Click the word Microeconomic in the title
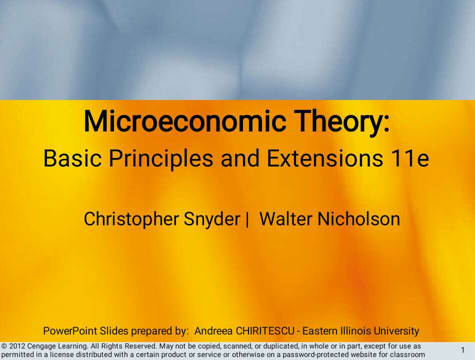[185, 121]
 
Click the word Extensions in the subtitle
[324, 158]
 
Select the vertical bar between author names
[247, 219]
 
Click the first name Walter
[285, 219]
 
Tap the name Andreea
[213, 331]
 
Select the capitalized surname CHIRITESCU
[265, 331]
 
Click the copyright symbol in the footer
[4, 346]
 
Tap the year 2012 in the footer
[17, 346]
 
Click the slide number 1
[462, 350]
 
